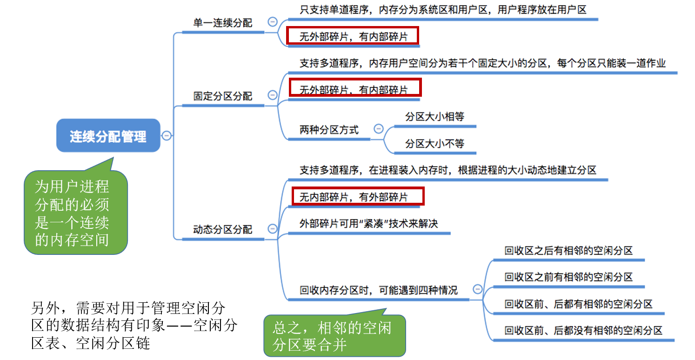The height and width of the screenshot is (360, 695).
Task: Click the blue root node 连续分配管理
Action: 108,136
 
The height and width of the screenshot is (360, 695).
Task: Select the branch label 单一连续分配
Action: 223,23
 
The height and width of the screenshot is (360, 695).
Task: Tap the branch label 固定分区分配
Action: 223,96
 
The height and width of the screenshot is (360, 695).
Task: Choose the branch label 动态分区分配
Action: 223,229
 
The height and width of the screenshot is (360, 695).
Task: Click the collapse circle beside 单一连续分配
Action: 273,21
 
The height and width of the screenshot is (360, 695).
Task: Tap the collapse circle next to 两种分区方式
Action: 379,129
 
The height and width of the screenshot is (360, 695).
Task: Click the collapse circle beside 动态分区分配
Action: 273,228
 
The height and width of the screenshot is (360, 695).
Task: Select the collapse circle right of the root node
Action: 167,135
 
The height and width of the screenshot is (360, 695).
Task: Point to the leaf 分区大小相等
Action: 434,117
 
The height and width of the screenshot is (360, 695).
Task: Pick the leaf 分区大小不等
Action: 434,144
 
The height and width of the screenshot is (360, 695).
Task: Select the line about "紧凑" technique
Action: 369,224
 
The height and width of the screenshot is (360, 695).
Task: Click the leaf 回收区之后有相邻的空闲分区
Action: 568,251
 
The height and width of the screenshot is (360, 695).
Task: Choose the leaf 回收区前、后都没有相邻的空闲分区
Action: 583,331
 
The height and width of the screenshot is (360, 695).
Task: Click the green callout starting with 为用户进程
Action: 75,213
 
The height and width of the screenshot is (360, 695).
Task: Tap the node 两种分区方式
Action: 329,130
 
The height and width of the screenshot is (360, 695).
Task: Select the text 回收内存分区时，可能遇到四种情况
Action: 378,290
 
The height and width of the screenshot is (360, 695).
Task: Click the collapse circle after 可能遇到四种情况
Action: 477,289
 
